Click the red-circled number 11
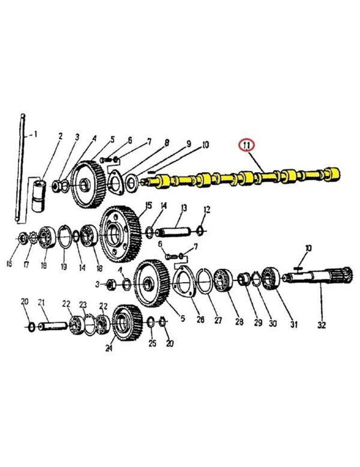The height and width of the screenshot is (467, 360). click(246, 146)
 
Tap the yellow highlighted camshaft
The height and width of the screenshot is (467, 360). click(243, 178)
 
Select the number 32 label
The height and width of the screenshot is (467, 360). click(321, 324)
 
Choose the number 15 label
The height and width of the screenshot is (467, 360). click(148, 205)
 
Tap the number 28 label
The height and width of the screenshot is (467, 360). click(239, 322)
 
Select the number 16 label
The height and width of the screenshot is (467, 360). click(9, 264)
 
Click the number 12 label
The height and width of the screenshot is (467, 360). click(207, 209)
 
